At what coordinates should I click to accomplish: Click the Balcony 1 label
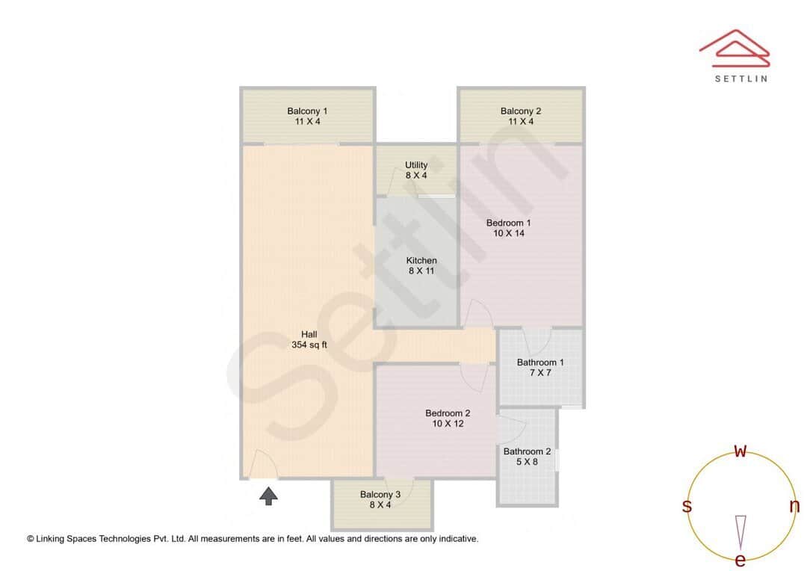(307, 116)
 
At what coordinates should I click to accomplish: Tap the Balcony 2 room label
(521, 116)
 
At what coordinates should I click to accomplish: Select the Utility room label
(416, 170)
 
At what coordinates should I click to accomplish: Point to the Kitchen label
(421, 265)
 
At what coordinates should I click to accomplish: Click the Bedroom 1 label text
(508, 228)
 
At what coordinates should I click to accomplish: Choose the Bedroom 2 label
(448, 419)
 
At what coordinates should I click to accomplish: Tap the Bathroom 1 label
(540, 367)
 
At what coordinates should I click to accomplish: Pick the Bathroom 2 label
(527, 456)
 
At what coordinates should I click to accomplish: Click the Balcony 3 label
(380, 499)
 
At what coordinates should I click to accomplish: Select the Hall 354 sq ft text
(309, 339)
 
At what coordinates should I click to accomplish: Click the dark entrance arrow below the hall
(269, 496)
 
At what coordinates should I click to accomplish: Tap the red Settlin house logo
(734, 47)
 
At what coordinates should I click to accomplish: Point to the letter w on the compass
(740, 451)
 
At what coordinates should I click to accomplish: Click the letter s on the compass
(687, 506)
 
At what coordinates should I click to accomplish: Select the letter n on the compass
(794, 506)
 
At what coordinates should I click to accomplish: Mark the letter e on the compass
(740, 560)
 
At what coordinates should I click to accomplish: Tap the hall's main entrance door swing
(262, 464)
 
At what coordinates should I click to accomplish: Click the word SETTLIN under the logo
(740, 78)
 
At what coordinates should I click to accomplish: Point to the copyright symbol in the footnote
(31, 538)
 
